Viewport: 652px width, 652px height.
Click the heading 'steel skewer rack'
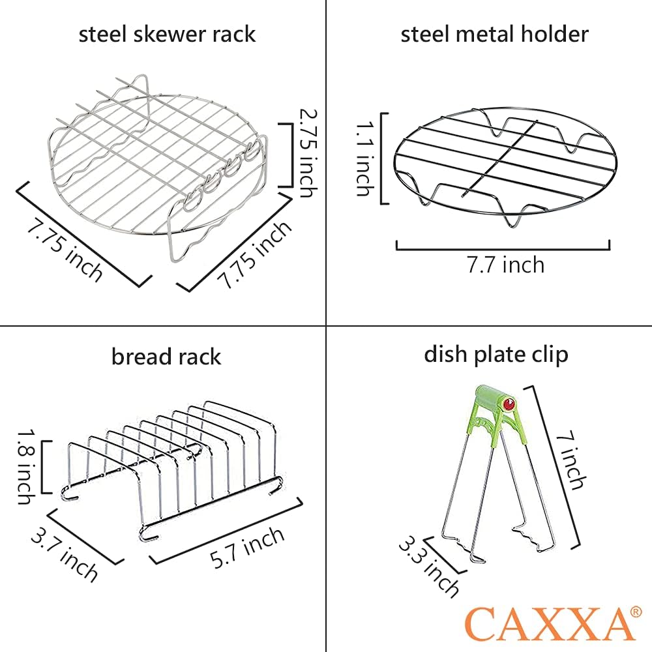coord(167,34)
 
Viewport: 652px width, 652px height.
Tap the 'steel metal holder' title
coord(494,34)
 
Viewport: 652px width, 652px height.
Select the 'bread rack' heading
coord(166,357)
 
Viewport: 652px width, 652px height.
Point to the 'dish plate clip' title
coord(496,355)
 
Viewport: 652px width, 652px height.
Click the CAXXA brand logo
coord(548,623)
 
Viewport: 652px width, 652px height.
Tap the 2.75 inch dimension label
coord(308,153)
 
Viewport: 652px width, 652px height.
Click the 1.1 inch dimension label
coord(365,158)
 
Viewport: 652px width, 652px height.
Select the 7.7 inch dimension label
coord(505,265)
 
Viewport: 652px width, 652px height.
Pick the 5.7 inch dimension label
coord(248,548)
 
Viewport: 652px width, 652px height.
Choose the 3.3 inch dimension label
coord(429,566)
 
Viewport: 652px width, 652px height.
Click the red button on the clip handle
coord(509,404)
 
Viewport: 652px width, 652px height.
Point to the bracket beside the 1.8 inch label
coord(46,467)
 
